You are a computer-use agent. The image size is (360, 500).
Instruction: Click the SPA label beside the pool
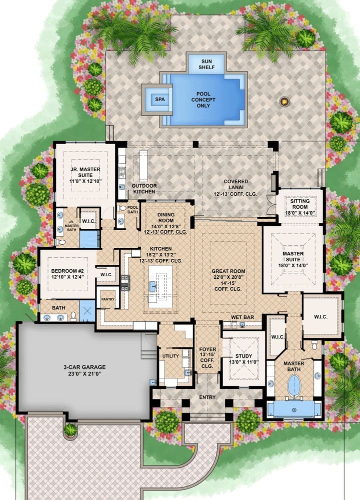(x=160, y=99)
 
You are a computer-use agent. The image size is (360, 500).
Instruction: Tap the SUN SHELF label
(x=206, y=64)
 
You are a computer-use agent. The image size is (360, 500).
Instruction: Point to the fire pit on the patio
(x=284, y=102)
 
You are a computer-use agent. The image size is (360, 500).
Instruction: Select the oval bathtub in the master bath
(x=293, y=385)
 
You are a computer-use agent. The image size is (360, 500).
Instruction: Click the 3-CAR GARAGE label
(x=84, y=370)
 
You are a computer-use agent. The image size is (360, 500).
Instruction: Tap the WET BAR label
(x=242, y=317)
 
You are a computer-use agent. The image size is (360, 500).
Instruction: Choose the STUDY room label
(x=243, y=356)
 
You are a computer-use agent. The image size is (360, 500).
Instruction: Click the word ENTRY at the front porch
(x=207, y=397)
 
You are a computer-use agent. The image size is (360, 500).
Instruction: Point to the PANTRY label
(x=107, y=299)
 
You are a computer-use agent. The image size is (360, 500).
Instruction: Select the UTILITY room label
(x=170, y=356)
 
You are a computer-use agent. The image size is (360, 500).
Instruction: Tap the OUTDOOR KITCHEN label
(x=144, y=189)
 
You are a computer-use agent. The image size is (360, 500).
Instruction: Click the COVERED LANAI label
(x=236, y=184)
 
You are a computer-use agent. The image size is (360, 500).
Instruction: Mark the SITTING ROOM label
(x=300, y=204)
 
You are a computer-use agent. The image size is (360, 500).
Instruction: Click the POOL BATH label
(x=132, y=210)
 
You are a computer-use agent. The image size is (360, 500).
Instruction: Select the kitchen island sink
(x=152, y=286)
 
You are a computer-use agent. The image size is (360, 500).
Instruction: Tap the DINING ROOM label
(x=166, y=218)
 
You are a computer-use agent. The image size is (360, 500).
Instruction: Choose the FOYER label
(x=207, y=349)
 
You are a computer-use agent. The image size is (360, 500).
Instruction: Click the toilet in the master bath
(x=314, y=345)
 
